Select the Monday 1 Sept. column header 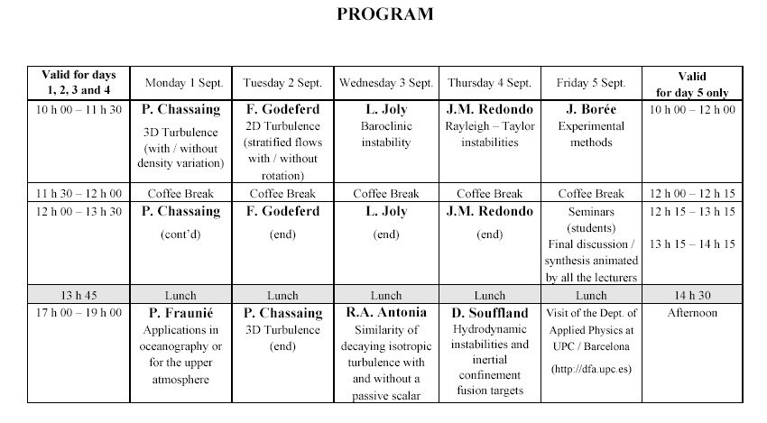click(181, 83)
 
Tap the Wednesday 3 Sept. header click(386, 83)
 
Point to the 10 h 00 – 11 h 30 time click(78, 109)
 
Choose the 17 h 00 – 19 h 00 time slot click(78, 313)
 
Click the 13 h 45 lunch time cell click(78, 295)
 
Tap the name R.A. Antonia click(386, 314)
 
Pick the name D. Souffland click(490, 314)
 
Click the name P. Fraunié click(181, 314)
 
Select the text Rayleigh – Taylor click(490, 126)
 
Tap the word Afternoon click(692, 313)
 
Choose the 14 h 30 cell click(692, 295)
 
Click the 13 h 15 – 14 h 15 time click(692, 244)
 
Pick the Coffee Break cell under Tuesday click(283, 193)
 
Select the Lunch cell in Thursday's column click(490, 295)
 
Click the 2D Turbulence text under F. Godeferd click(283, 126)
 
